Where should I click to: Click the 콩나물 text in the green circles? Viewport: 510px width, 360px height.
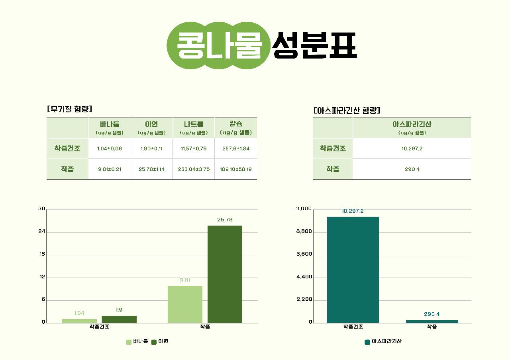(x=219, y=45)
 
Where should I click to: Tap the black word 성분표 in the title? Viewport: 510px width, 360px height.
(x=314, y=45)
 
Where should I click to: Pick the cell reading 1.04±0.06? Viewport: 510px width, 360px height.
(x=110, y=149)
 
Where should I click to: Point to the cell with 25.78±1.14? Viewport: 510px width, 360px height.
(x=152, y=169)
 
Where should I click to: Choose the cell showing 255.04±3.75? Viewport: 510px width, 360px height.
(x=194, y=169)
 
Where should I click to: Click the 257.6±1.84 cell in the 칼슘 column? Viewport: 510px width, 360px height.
(x=236, y=149)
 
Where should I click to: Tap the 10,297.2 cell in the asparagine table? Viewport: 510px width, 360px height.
(x=412, y=149)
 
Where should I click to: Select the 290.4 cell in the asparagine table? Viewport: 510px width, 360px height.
(x=412, y=169)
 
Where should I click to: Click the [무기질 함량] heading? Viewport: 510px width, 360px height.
(x=69, y=109)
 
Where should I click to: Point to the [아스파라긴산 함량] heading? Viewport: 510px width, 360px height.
(x=347, y=110)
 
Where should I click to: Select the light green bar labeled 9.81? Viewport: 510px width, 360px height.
(x=185, y=304)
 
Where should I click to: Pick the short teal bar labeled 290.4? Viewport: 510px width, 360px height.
(x=432, y=321)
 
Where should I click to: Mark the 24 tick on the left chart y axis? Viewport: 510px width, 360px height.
(x=42, y=232)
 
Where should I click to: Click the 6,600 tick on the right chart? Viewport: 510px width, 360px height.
(x=304, y=254)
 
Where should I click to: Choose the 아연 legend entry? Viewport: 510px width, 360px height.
(x=160, y=342)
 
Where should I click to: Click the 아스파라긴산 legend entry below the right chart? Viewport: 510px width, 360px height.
(x=383, y=342)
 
